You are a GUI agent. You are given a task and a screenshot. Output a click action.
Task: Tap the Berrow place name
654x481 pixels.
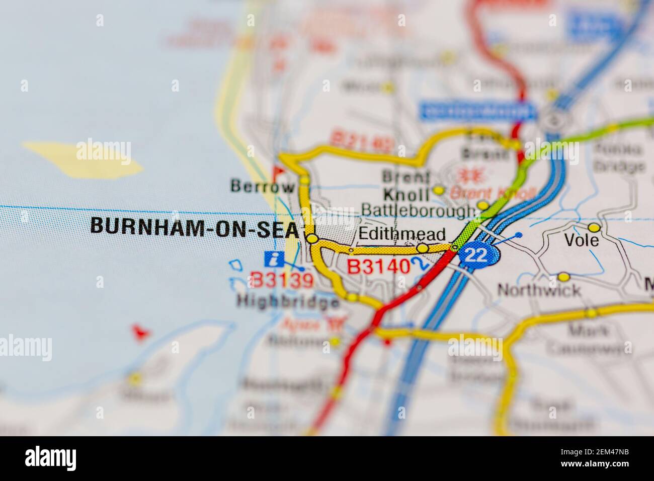262,187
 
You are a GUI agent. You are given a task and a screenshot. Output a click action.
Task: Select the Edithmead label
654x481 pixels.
402,234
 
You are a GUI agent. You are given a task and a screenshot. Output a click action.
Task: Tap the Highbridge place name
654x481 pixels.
288,302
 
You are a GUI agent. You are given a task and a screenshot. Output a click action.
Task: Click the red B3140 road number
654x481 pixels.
379,267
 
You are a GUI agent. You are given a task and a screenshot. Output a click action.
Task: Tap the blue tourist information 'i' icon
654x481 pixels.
273,260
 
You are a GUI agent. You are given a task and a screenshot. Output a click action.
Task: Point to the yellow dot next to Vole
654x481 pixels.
594,227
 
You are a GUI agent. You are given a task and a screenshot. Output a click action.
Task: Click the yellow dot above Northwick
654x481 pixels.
564,277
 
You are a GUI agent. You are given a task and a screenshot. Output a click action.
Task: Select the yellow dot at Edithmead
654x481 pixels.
422,248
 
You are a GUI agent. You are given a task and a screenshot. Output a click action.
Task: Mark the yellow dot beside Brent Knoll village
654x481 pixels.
439,190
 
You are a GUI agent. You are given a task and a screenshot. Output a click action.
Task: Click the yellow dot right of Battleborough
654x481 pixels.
482,205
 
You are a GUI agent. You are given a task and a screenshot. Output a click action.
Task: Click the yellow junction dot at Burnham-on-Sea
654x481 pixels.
312,238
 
